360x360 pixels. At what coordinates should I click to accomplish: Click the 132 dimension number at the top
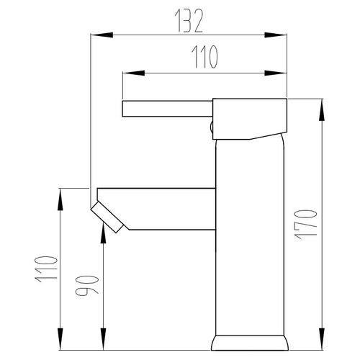pos(189,21)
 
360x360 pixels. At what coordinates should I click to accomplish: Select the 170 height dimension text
pos(306,225)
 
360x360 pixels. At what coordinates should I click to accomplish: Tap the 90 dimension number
pos(87,285)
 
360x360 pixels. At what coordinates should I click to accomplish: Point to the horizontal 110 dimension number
pos(204,57)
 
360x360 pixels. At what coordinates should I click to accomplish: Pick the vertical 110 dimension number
pos(46,269)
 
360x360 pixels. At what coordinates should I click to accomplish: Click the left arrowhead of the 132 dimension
pos(102,35)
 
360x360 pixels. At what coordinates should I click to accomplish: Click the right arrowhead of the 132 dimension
pos(276,35)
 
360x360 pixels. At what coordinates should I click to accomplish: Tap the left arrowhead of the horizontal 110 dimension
pos(134,73)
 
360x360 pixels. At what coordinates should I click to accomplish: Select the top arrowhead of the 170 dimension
pos(322,109)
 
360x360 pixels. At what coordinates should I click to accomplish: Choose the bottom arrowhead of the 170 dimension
pos(322,339)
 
